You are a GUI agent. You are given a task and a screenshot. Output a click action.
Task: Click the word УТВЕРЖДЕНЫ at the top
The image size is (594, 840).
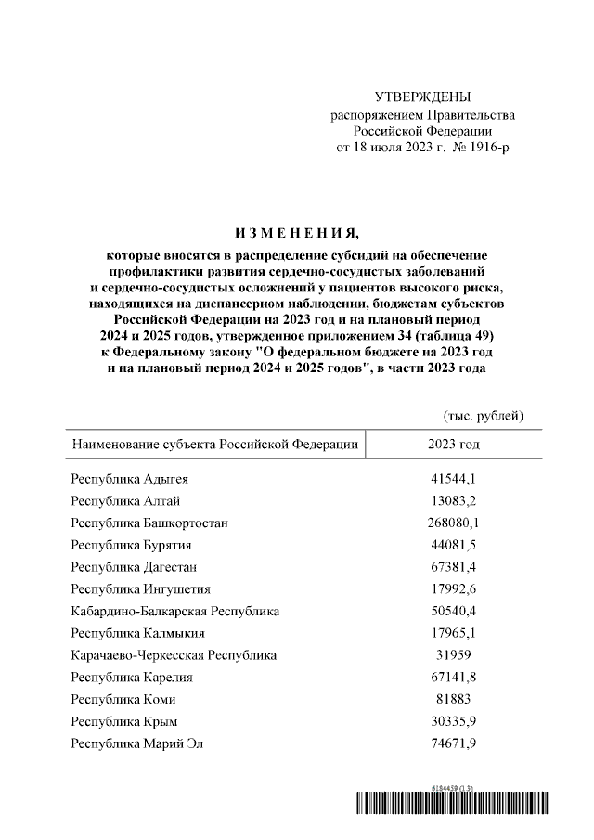pyautogui.click(x=422, y=97)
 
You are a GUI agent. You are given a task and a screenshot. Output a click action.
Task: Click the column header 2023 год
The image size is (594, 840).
pyautogui.click(x=453, y=445)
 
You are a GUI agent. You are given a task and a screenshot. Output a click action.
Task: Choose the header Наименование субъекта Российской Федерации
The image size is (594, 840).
pyautogui.click(x=214, y=445)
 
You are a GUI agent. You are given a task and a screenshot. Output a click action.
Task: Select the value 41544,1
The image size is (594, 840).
pyautogui.click(x=453, y=480)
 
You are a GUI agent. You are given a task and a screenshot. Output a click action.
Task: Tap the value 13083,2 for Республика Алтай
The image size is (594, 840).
pyautogui.click(x=453, y=501)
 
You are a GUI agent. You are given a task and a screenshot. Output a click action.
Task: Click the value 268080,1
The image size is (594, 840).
pyautogui.click(x=453, y=523)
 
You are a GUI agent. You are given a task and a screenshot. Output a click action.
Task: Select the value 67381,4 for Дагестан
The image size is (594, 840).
pyautogui.click(x=453, y=567)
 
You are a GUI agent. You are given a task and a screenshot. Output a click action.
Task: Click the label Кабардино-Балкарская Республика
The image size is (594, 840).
pyautogui.click(x=174, y=611)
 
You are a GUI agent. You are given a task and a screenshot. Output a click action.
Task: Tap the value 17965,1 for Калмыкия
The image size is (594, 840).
pyautogui.click(x=453, y=633)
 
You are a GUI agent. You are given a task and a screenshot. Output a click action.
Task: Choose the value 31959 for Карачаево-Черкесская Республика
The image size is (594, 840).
pyautogui.click(x=453, y=655)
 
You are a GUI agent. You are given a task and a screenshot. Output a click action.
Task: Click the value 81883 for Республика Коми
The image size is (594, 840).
pyautogui.click(x=453, y=699)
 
